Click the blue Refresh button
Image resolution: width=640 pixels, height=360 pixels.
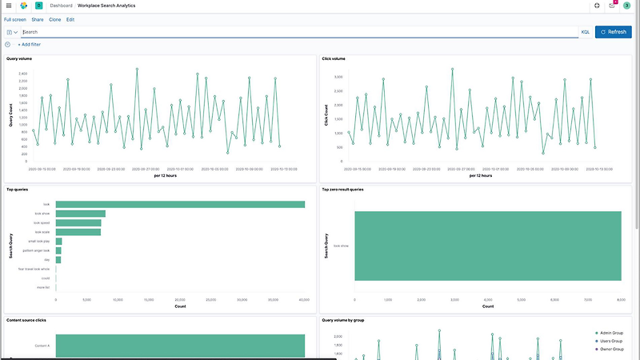click(x=614, y=32)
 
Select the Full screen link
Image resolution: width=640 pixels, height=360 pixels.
click(x=14, y=19)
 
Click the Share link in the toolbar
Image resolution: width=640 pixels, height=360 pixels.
click(x=38, y=19)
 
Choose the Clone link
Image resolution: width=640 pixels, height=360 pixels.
click(x=54, y=19)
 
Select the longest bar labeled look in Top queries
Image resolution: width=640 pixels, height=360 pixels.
click(x=180, y=204)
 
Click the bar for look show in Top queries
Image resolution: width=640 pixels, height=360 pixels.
click(x=80, y=214)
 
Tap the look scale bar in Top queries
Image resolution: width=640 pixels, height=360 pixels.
click(x=78, y=232)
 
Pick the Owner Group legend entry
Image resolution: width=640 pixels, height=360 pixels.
click(x=612, y=350)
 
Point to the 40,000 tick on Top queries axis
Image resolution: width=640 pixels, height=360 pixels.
click(x=304, y=300)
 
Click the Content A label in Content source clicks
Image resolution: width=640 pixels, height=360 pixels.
click(x=43, y=346)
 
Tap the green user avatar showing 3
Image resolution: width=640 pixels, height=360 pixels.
click(x=626, y=6)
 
